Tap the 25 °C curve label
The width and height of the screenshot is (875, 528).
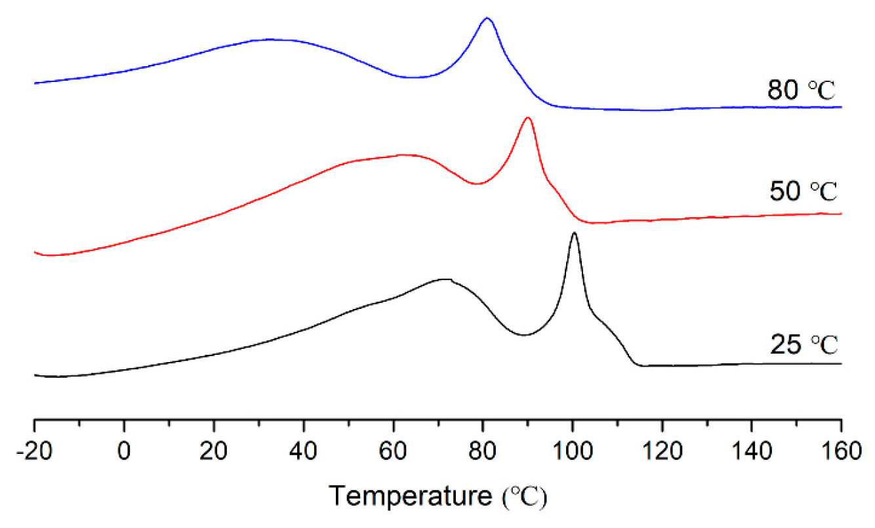[803, 344]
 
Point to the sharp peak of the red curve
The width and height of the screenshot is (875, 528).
[528, 118]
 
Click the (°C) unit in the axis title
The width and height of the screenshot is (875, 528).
[524, 497]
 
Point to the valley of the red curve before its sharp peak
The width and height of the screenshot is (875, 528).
[477, 184]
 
